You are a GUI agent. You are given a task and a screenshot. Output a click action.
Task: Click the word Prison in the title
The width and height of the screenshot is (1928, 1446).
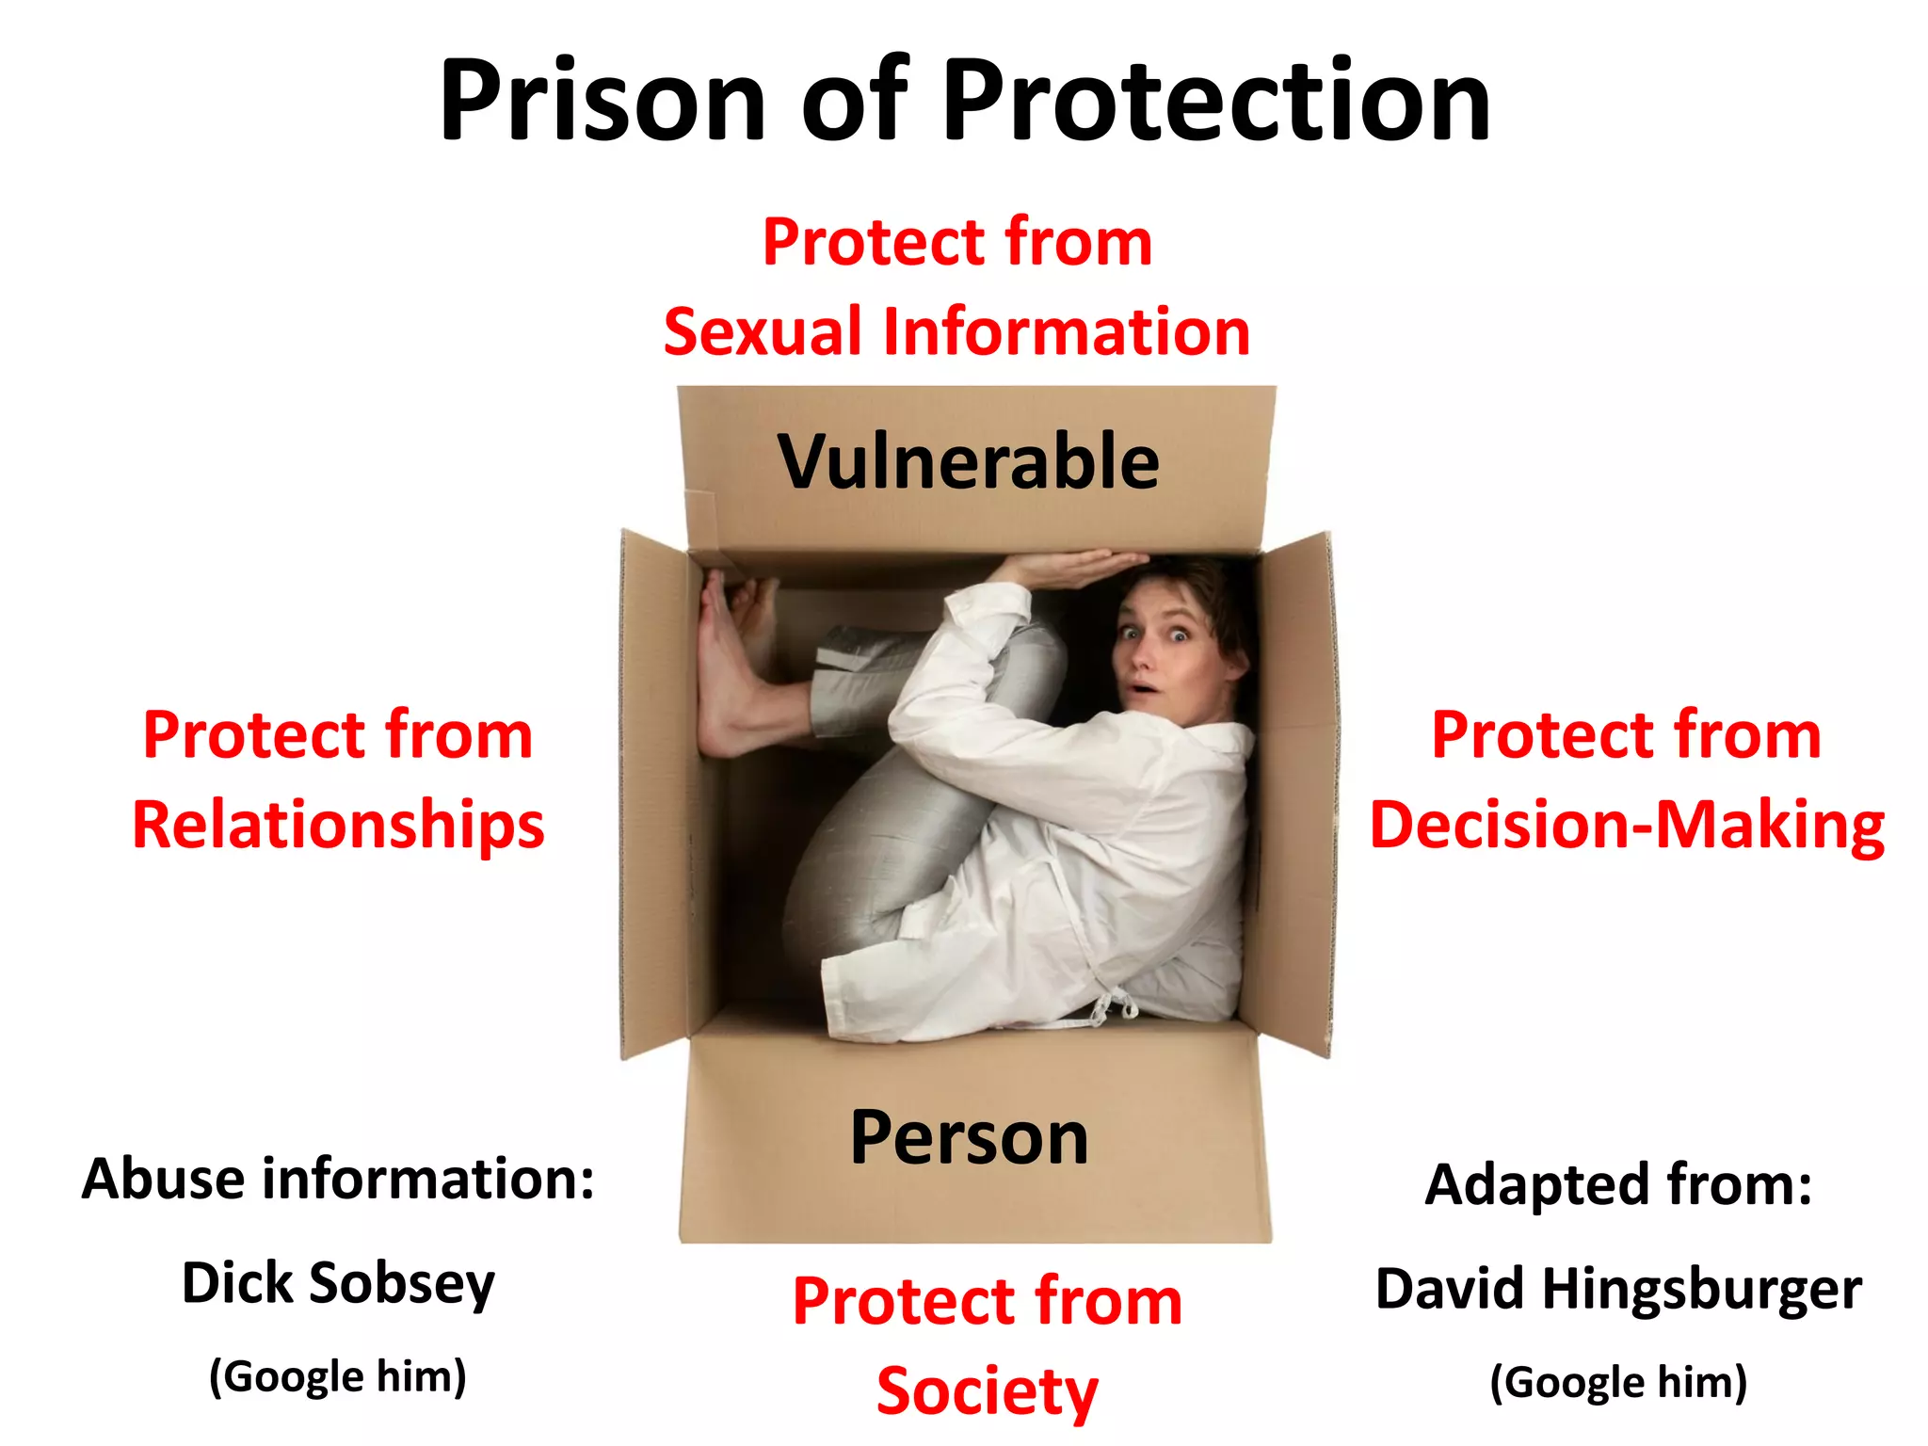pos(602,101)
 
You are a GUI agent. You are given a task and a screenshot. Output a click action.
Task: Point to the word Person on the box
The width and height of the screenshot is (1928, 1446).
pos(969,1137)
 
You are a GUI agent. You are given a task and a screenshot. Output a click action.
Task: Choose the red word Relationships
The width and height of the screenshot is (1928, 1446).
pos(338,825)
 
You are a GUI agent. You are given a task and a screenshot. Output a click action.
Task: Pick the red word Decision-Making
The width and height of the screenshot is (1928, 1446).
pos(1626,825)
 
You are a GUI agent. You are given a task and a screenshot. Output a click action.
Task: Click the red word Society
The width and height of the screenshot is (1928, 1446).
pos(987,1391)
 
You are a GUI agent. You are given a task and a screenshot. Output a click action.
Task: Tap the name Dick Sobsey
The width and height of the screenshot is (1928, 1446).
pos(338,1283)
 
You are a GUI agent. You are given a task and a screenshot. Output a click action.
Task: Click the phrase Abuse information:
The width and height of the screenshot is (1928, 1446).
pos(338,1179)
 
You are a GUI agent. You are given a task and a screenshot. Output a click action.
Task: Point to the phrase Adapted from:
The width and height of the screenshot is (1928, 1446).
pos(1617,1184)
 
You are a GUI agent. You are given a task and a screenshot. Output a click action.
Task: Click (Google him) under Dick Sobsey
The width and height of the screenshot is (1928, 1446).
pos(338,1376)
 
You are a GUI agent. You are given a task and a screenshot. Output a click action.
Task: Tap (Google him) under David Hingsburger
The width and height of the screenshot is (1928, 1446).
pos(1617,1382)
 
